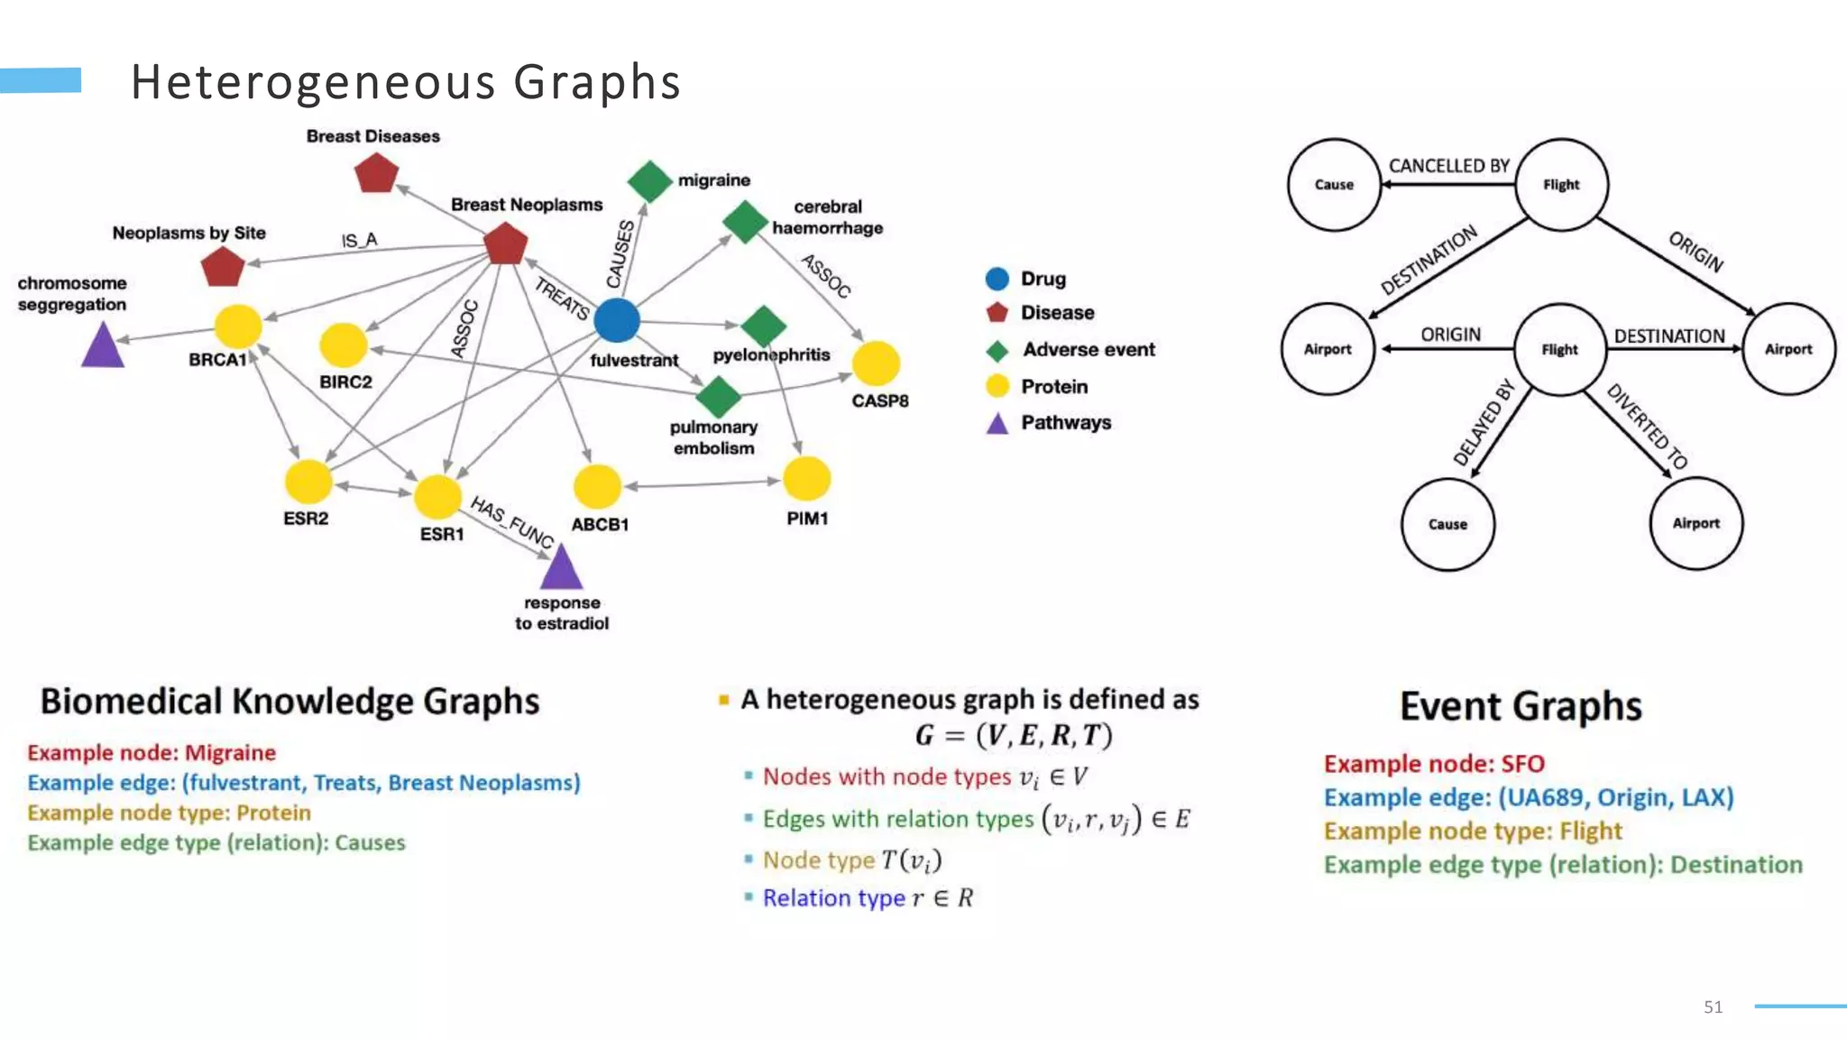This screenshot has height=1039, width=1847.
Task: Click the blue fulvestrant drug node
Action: point(617,320)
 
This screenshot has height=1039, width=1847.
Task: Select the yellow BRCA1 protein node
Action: point(238,326)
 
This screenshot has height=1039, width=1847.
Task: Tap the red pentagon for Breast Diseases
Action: point(376,172)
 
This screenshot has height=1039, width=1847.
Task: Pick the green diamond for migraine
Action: point(649,181)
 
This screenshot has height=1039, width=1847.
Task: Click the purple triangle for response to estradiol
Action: point(561,569)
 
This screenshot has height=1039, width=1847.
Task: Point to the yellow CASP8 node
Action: point(876,363)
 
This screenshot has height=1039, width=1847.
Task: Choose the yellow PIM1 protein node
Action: point(806,478)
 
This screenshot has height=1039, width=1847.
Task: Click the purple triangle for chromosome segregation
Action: point(103,347)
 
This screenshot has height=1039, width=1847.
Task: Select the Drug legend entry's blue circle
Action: point(997,279)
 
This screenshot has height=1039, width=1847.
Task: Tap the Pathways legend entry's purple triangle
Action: point(997,424)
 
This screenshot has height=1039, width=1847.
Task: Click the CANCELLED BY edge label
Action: point(1448,166)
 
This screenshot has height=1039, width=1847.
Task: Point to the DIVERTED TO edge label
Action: point(1647,426)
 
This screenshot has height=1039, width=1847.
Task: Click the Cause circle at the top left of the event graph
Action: point(1334,185)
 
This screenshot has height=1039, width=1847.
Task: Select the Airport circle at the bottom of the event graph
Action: point(1695,523)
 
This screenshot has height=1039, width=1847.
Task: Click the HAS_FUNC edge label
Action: point(511,521)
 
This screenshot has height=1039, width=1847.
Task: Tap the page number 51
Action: point(1713,1007)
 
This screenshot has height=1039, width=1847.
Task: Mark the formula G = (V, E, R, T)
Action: point(1013,736)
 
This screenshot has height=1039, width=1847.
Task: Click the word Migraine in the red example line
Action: point(230,753)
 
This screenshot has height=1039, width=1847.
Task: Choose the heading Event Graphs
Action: point(1521,706)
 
